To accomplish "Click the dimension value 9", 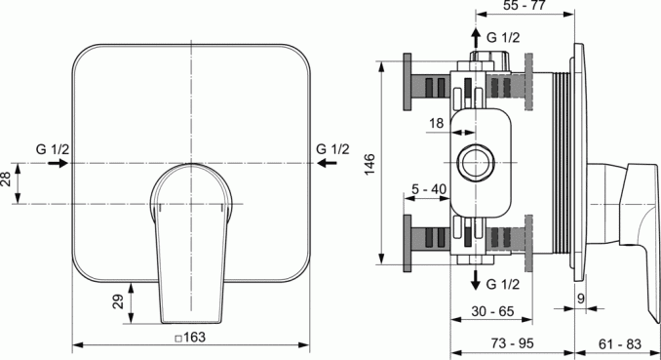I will tap(579, 299).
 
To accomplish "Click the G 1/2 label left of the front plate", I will tap(53, 148).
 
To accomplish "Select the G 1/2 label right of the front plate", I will tap(332, 148).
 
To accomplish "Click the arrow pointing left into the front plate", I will tap(329, 164).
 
